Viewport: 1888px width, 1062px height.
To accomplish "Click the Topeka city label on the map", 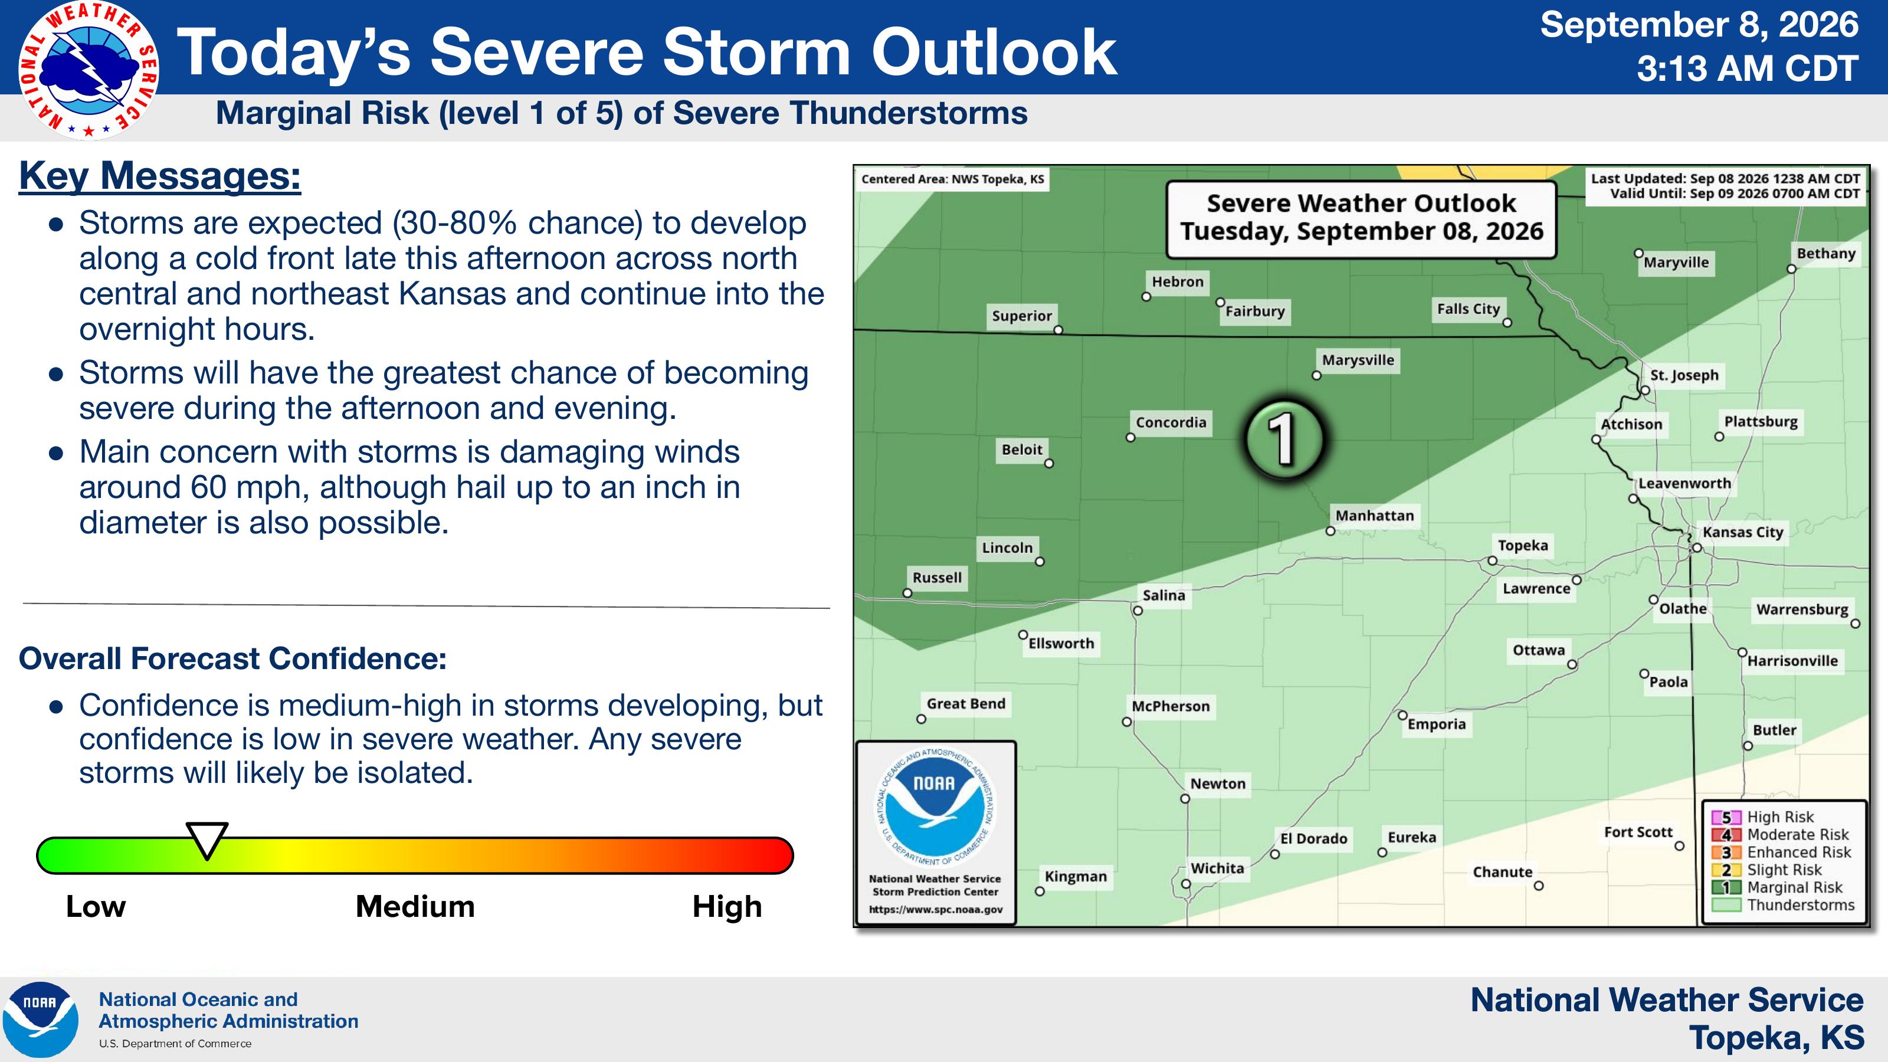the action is coord(1522,545).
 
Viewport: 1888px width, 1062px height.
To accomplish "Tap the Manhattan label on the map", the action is coord(1374,515).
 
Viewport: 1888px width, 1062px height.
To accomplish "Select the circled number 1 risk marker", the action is coord(1284,439).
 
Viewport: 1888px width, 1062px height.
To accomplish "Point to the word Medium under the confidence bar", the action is coord(415,907).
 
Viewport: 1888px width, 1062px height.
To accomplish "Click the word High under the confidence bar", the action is coord(727,907).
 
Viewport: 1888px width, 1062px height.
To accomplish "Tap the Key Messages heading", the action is coord(160,176).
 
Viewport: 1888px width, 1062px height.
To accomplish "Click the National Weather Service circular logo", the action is coord(88,70).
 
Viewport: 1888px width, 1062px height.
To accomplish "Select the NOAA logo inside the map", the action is coord(935,808).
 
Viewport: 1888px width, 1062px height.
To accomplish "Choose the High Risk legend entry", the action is coord(1771,817).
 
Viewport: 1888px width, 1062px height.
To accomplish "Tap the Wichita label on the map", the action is coord(1217,868).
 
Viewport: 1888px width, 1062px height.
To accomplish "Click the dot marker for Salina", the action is coord(1138,611).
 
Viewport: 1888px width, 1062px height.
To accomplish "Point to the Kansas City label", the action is coord(1742,532).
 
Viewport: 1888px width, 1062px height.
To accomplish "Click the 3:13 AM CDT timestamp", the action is coord(1747,70).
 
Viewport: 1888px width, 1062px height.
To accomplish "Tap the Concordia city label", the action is coord(1171,422).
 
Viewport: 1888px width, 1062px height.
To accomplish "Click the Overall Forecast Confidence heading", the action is coord(232,658).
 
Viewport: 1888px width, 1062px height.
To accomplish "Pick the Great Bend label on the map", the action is coord(966,704).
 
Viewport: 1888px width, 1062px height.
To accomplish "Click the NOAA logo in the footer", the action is coord(40,1020).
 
